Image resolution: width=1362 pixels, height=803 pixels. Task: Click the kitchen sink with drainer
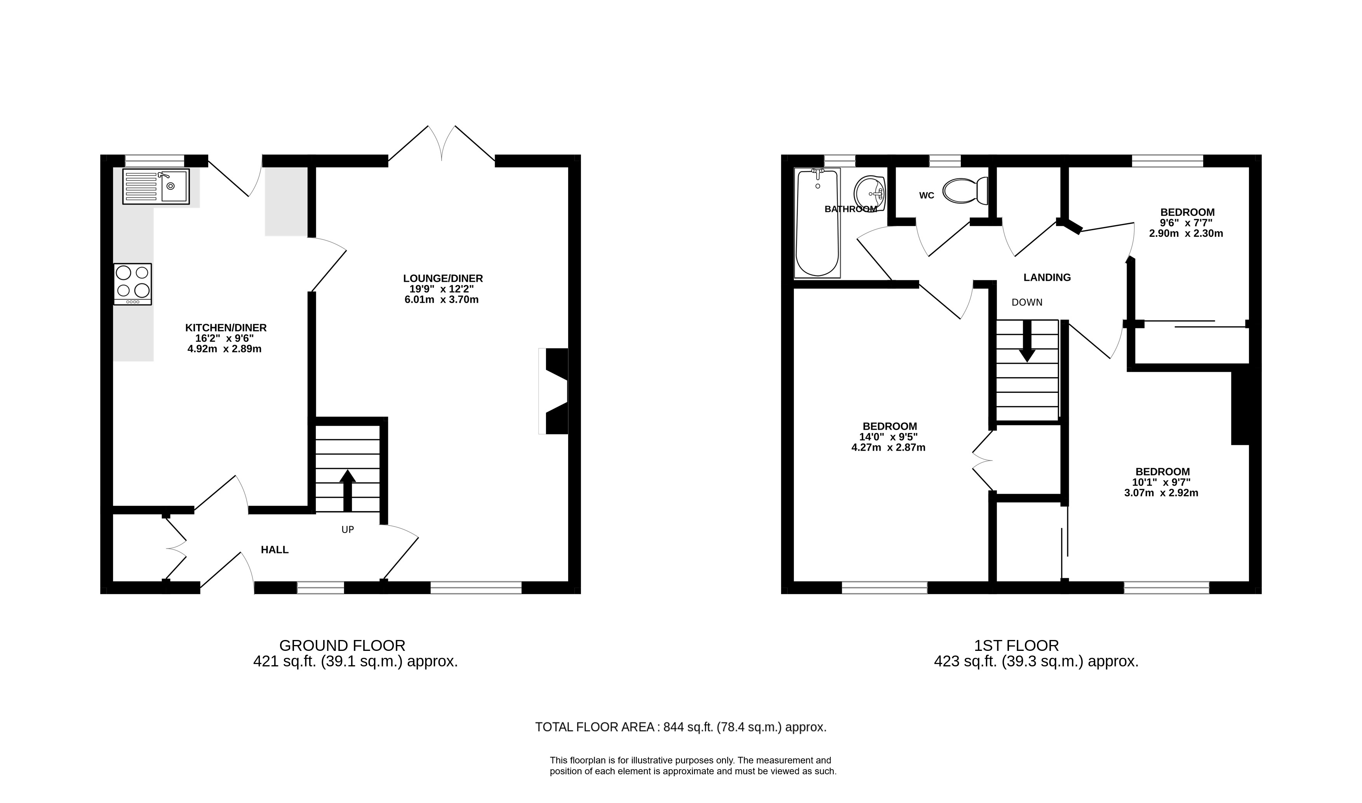pos(156,186)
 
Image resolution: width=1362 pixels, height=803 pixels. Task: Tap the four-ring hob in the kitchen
pos(133,284)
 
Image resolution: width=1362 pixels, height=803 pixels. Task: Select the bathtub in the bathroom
pos(817,223)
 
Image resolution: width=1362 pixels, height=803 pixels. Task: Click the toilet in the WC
pos(965,191)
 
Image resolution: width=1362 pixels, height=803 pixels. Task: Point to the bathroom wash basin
pos(870,194)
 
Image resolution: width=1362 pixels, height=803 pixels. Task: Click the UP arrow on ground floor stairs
pos(348,490)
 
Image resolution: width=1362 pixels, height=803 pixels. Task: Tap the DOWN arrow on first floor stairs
pos(1027,342)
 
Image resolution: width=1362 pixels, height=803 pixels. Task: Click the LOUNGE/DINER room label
pos(443,279)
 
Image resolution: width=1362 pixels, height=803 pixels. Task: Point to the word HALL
pos(275,550)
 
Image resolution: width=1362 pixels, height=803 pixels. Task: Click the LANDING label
pos(1047,277)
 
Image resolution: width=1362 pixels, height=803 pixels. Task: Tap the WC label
pos(926,195)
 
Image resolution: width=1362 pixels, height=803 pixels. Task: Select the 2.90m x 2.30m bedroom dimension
pos(1186,234)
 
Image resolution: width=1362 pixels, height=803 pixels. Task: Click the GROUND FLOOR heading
pos(342,645)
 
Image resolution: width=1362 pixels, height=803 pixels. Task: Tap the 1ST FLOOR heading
pos(1017,645)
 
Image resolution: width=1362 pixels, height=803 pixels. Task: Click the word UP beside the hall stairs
pos(348,530)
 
